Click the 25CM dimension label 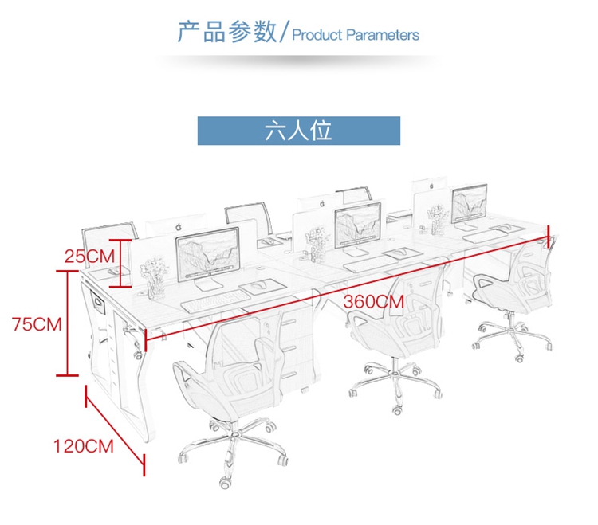pos(89,256)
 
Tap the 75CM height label pos(37,324)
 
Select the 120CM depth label pos(84,446)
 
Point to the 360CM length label pos(374,302)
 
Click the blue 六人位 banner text pos(298,131)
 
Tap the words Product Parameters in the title pos(356,35)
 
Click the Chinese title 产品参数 pos(227,32)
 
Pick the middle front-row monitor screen pos(358,225)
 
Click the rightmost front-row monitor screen pos(470,203)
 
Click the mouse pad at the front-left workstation pos(263,286)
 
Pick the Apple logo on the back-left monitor pos(179,228)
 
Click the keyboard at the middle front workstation pos(370,263)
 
